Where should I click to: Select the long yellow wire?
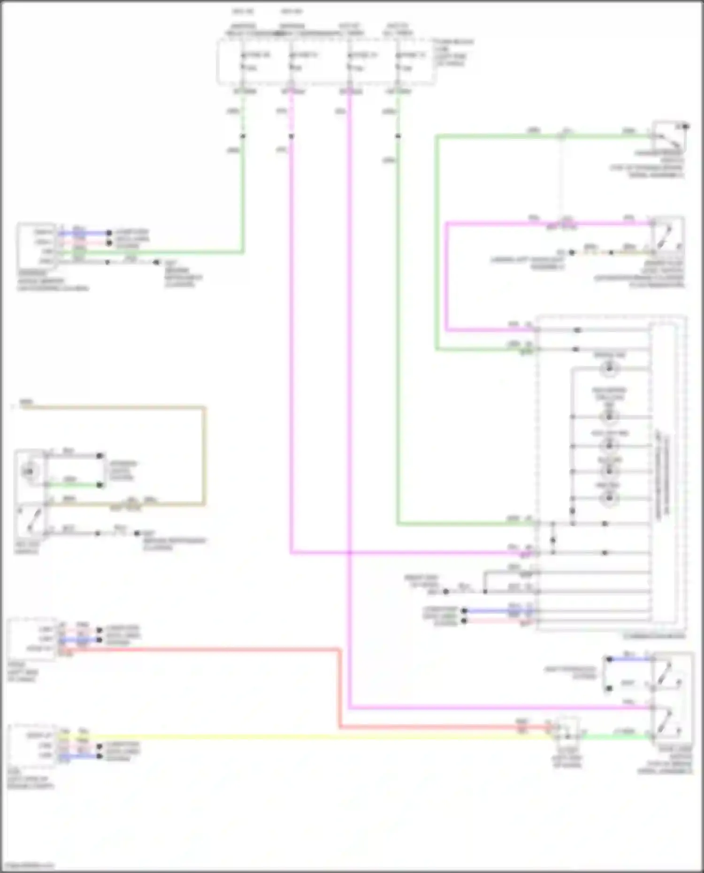click(305, 737)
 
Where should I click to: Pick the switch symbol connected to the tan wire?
click(31, 518)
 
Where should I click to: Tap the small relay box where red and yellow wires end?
click(567, 731)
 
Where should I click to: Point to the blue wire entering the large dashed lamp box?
click(497, 611)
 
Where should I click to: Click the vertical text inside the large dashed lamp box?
click(663, 474)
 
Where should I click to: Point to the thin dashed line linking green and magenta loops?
click(560, 178)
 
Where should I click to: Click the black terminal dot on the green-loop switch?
click(686, 126)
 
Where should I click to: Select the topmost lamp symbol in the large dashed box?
click(609, 369)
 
